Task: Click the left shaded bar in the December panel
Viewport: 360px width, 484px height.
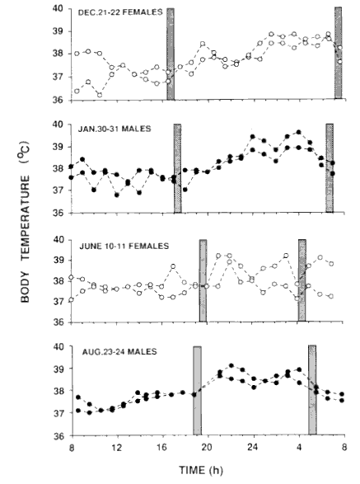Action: (171, 54)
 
